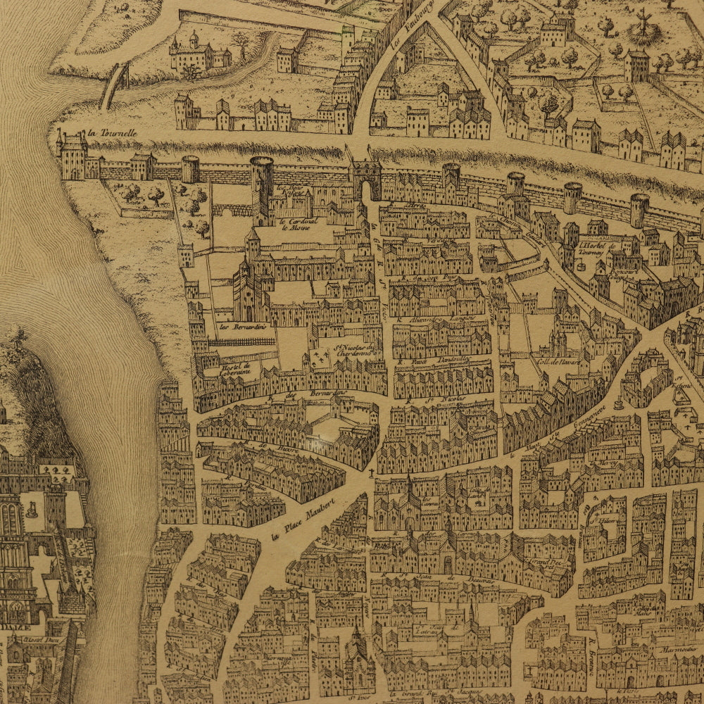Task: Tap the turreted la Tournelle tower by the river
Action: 73,156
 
